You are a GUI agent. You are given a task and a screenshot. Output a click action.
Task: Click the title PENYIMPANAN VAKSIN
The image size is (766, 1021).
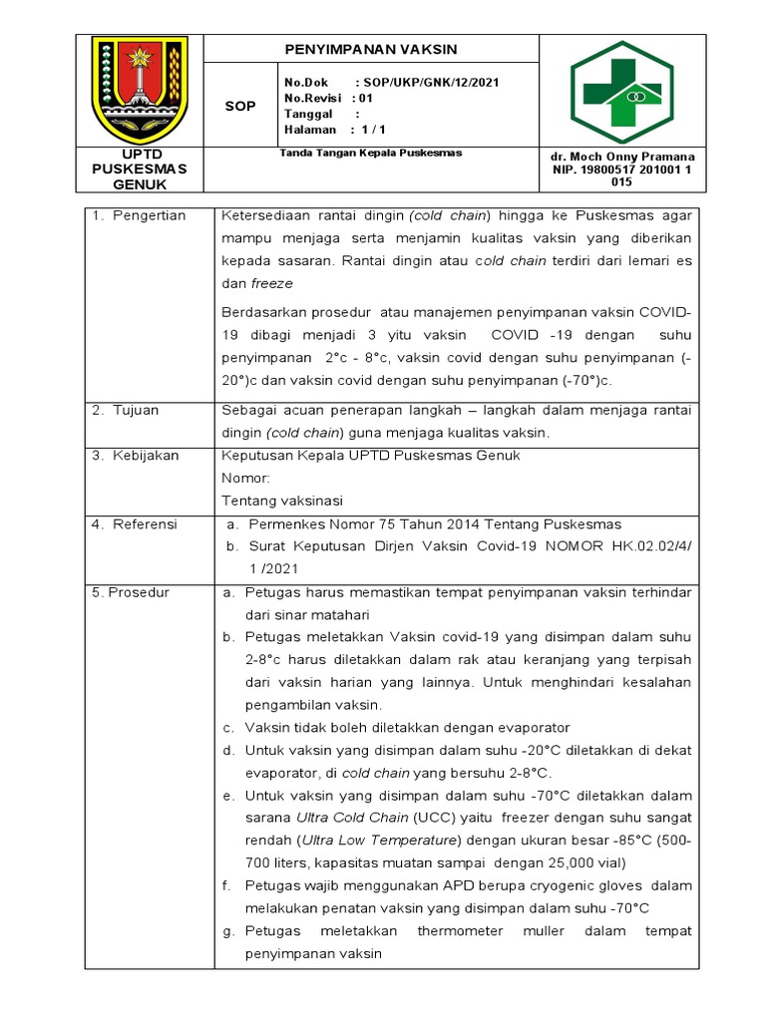click(x=371, y=49)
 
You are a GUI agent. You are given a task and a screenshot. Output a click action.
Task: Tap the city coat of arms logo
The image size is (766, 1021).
click(x=140, y=91)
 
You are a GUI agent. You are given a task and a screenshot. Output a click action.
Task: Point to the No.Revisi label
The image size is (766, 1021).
click(x=312, y=98)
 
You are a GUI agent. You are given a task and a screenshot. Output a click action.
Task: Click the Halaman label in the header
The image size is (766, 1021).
click(x=310, y=130)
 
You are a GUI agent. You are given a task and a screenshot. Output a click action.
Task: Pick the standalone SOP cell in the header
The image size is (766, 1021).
click(x=239, y=106)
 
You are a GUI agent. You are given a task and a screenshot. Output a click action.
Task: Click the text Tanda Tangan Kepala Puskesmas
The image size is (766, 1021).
click(x=371, y=154)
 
